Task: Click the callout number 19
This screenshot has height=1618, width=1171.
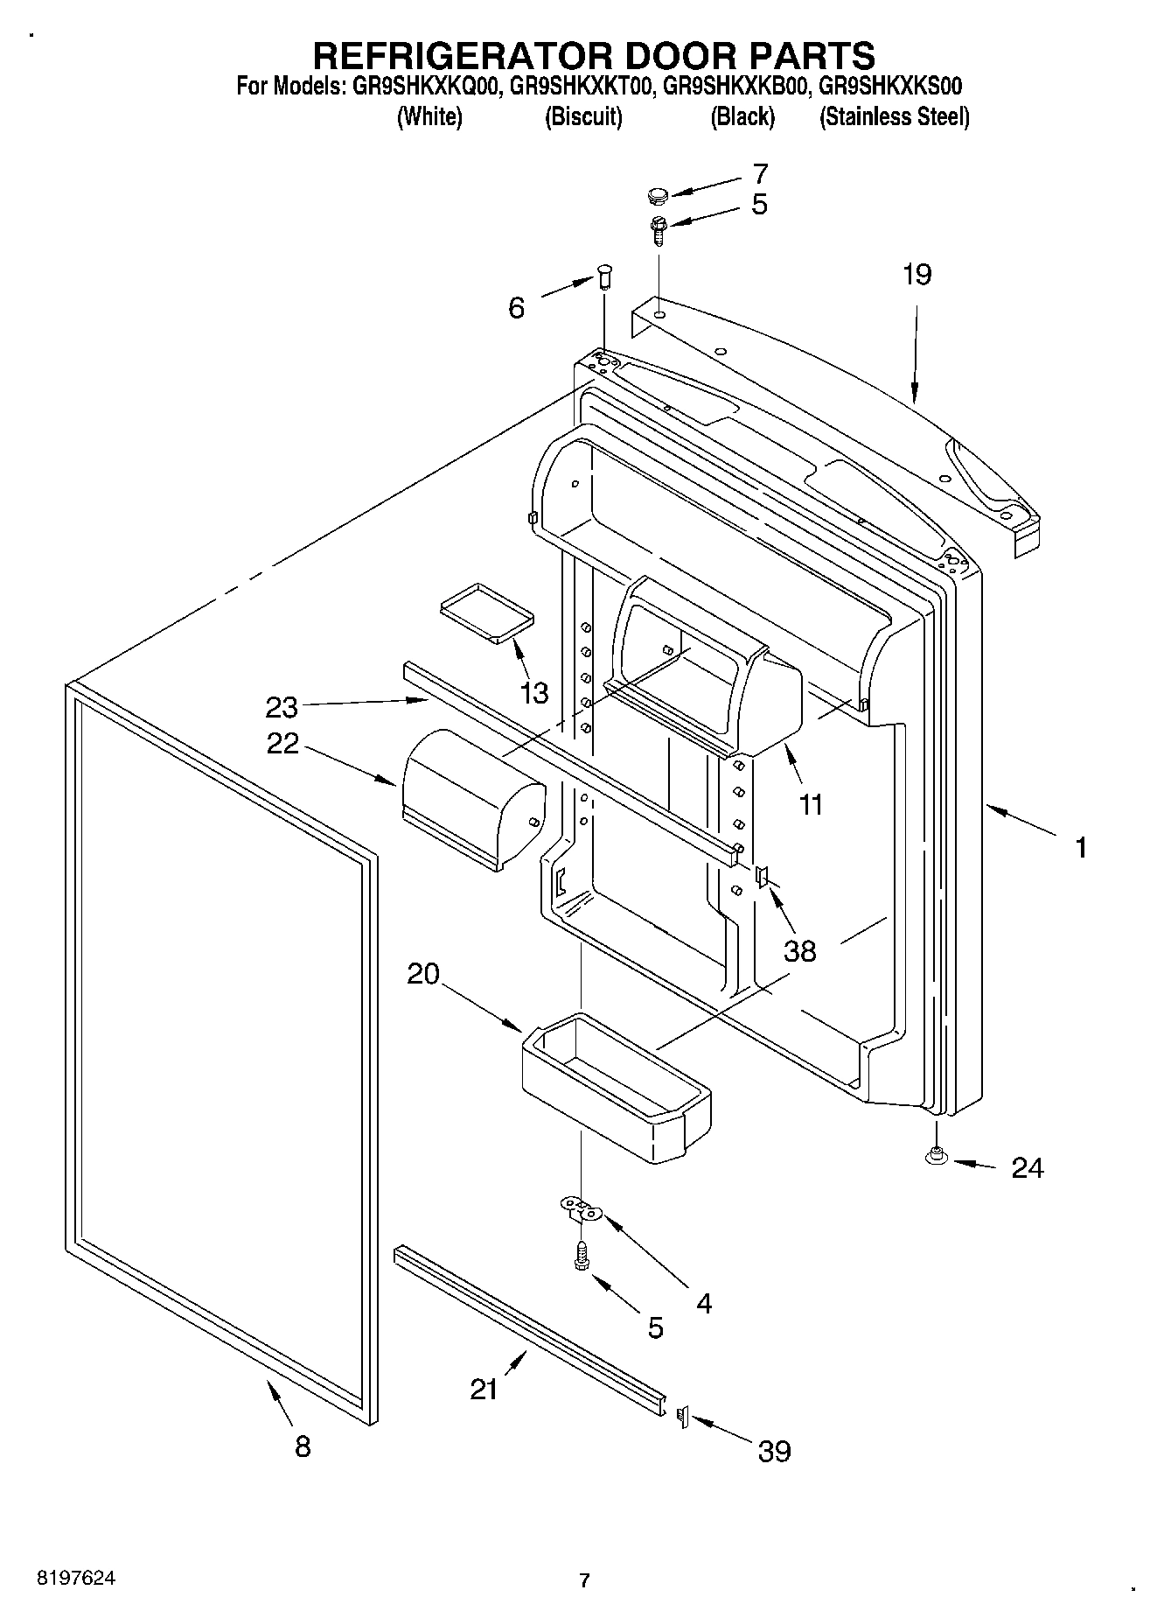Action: pos(917,275)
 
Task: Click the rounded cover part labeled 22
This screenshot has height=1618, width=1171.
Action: pos(472,798)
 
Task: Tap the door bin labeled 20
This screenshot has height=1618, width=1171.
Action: pos(617,1087)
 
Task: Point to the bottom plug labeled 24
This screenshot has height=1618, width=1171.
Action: pos(936,1157)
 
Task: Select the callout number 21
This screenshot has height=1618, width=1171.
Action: pos(484,1389)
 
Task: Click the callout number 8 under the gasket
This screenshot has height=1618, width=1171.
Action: pos(302,1446)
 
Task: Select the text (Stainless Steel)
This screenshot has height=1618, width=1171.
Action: pos(894,116)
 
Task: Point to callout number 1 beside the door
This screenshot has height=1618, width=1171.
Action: pos(1081,846)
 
